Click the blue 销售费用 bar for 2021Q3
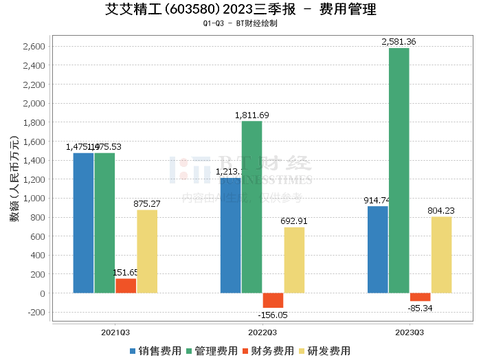pyautogui.click(x=83, y=223)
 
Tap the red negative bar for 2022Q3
pyautogui.click(x=273, y=300)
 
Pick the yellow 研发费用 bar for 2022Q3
pyautogui.click(x=294, y=260)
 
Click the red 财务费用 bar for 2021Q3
pyautogui.click(x=126, y=286)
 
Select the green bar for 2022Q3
pyautogui.click(x=251, y=207)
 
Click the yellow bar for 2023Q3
pyautogui.click(x=441, y=255)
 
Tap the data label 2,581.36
pyautogui.click(x=399, y=42)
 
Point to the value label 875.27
pyautogui.click(x=147, y=204)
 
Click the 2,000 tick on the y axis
pyautogui.click(x=34, y=103)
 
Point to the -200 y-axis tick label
pyautogui.click(x=35, y=312)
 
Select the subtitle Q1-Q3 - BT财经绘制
pyautogui.click(x=240, y=23)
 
